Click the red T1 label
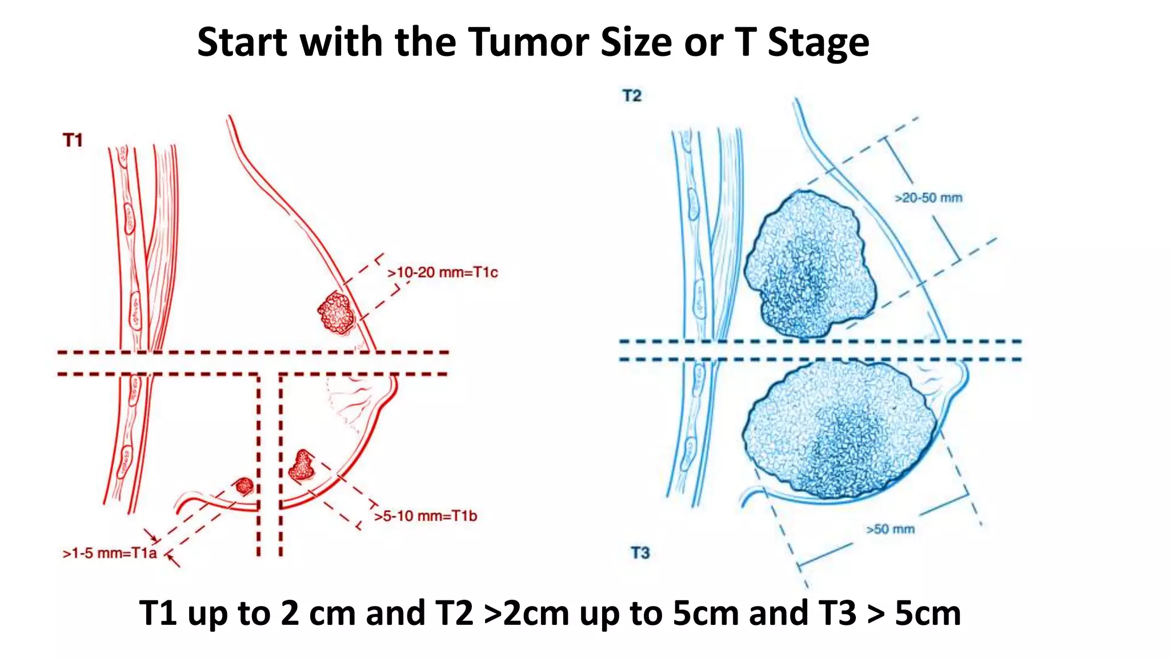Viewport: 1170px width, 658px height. coord(73,140)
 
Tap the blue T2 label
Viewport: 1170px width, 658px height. coord(632,95)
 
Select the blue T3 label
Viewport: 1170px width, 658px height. coord(640,553)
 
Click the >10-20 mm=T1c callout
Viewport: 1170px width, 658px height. coord(442,272)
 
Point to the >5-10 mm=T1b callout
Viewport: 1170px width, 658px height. coord(425,516)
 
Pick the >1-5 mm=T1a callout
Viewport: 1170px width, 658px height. coord(109,553)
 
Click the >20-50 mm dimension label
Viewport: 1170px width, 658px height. coord(928,198)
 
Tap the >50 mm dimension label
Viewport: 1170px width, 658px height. coord(890,529)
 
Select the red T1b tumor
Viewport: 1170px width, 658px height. coord(302,465)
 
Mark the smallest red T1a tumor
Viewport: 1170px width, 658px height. coord(245,486)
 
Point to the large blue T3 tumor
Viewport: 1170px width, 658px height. coord(840,431)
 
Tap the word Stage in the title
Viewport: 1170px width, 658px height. coord(818,42)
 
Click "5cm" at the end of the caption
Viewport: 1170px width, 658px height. coord(927,613)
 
